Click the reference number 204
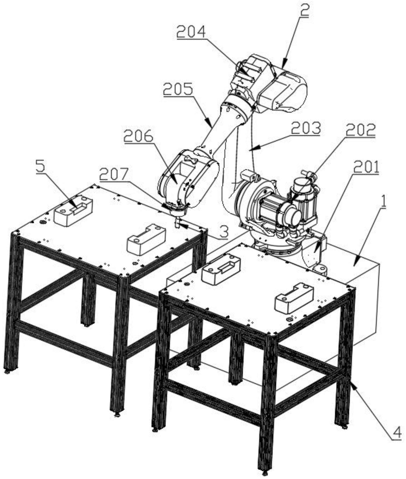click(x=191, y=32)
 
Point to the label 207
click(x=114, y=175)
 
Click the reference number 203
click(x=306, y=128)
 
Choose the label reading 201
click(x=366, y=167)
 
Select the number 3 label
click(x=224, y=232)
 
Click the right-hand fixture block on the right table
click(x=294, y=298)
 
